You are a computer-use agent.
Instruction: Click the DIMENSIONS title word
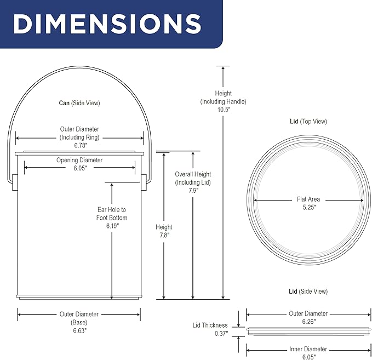(x=107, y=24)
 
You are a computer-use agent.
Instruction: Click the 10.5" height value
(x=224, y=110)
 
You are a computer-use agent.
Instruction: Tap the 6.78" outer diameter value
(x=81, y=145)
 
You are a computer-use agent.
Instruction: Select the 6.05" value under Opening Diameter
(x=80, y=168)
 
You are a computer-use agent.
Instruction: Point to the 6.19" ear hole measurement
(x=112, y=226)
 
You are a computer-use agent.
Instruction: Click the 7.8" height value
(x=164, y=235)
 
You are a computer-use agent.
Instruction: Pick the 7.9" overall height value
(x=193, y=190)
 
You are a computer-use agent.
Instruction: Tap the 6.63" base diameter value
(x=80, y=330)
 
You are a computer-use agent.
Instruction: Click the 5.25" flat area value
(x=309, y=207)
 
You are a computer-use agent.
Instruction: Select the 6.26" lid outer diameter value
(x=309, y=322)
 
